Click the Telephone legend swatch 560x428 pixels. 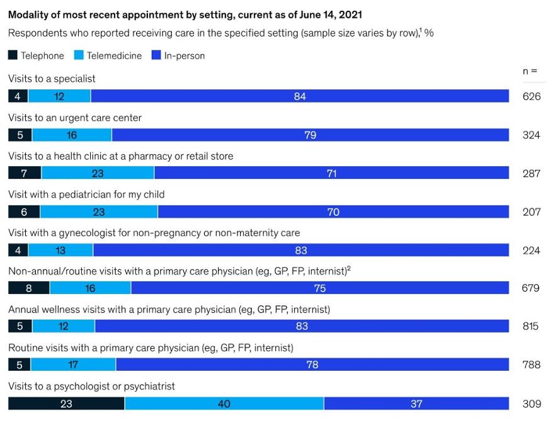(13, 55)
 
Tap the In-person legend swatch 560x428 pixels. (157, 55)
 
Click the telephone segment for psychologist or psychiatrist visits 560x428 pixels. (66, 403)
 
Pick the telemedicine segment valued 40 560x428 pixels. (224, 403)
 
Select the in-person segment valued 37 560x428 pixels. (416, 403)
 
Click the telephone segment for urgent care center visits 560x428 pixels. (20, 135)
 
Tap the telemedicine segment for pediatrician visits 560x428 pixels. (98, 211)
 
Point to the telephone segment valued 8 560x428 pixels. (28, 288)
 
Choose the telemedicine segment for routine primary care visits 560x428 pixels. (73, 365)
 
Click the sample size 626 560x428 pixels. (531, 96)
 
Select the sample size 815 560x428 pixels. (530, 327)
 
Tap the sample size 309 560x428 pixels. (531, 403)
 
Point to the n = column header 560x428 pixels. (530, 71)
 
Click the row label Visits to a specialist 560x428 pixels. (52, 79)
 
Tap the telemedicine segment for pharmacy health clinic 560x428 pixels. (98, 173)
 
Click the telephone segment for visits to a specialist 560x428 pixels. (18, 96)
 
